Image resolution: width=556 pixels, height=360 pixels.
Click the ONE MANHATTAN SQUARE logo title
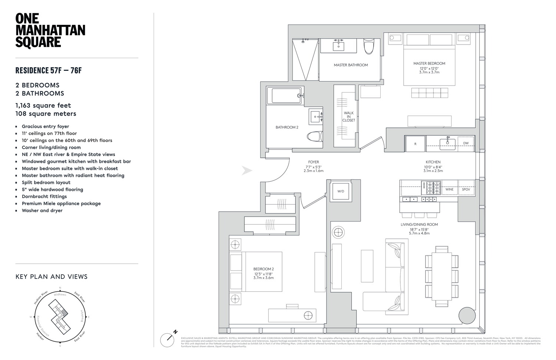(50, 30)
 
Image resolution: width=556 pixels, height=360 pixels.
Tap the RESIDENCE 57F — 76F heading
(48, 70)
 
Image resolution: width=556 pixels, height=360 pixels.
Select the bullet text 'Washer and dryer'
(42, 211)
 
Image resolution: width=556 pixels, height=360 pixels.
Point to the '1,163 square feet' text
(43, 105)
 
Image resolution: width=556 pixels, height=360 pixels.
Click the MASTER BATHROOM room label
(351, 65)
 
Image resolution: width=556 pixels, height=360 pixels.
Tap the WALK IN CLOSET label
(348, 116)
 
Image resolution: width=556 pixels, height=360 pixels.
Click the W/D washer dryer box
(341, 191)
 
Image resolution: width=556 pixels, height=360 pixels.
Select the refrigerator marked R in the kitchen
(415, 143)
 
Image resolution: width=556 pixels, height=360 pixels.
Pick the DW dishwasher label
(466, 143)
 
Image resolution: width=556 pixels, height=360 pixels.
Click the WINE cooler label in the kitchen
(449, 189)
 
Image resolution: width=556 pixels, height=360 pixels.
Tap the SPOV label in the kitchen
(466, 189)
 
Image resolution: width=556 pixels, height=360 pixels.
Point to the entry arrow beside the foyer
(247, 171)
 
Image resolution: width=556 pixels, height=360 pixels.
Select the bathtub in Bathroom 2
(288, 96)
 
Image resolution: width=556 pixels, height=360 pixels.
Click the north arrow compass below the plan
(168, 339)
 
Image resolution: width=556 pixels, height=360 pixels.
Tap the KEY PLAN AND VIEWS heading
(52, 277)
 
